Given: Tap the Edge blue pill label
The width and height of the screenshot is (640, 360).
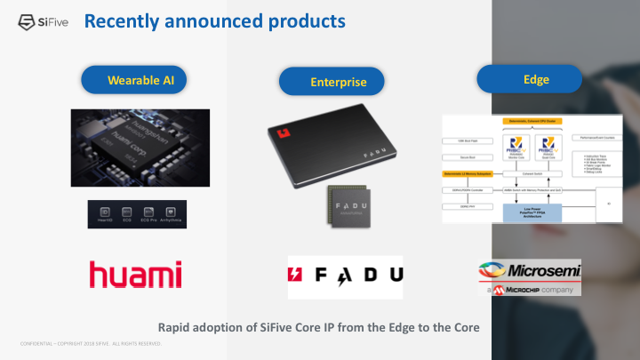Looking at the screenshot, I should tap(536, 79).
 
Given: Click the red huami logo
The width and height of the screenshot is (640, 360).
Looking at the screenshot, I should tap(136, 275).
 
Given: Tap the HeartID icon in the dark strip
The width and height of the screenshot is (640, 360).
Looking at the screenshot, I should tap(106, 214).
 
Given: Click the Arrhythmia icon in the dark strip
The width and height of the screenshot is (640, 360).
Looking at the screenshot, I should tap(169, 214).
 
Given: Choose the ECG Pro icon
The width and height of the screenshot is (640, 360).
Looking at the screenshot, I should tap(147, 214).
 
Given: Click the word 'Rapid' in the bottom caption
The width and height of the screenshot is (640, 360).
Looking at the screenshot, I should tap(174, 327).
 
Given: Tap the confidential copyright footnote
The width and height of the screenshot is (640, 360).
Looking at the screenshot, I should tap(90, 343).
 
